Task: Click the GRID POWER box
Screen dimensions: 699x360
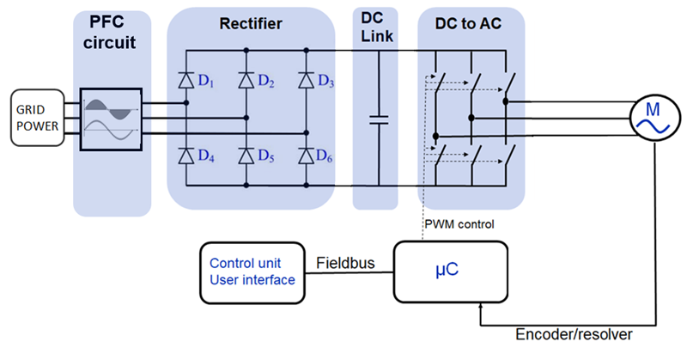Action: click(x=38, y=118)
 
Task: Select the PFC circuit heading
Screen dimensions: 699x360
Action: click(x=109, y=32)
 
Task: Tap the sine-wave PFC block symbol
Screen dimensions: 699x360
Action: click(x=111, y=119)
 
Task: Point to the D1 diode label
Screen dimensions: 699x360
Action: click(x=206, y=81)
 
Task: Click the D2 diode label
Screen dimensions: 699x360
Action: click(x=266, y=81)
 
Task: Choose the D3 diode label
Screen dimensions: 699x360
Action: click(x=325, y=81)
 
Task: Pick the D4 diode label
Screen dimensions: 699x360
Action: click(x=206, y=156)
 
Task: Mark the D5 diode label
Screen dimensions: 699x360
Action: click(x=266, y=156)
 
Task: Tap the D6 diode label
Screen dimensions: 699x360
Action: click(x=325, y=156)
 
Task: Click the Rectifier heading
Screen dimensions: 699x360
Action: click(x=251, y=24)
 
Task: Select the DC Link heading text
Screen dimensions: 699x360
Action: click(x=377, y=27)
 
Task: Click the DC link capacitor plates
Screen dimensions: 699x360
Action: click(x=379, y=119)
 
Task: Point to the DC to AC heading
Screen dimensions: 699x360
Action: click(x=468, y=24)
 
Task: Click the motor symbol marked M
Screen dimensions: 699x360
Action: click(x=655, y=118)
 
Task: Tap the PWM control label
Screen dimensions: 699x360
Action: click(x=459, y=224)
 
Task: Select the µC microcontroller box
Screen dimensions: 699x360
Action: click(x=450, y=272)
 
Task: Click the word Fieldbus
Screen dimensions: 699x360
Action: click(x=345, y=263)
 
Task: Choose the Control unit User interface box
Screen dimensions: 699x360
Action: click(x=252, y=272)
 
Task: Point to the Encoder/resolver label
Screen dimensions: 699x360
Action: click(x=574, y=334)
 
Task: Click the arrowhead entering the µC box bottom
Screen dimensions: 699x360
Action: click(x=480, y=306)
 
